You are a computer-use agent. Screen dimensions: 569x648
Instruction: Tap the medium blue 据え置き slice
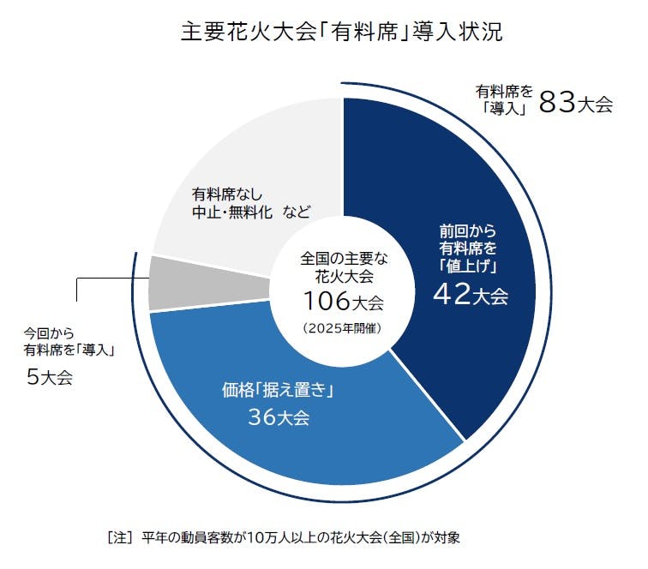coord(257,446)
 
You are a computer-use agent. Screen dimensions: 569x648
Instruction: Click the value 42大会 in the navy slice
coord(470,295)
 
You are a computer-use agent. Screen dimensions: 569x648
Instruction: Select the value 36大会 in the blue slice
coord(278,418)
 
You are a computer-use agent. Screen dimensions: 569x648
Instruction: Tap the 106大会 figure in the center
coord(342,302)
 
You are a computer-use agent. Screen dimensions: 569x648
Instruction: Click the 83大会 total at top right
coord(575,104)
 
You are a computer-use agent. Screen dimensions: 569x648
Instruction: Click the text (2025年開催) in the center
coord(342,328)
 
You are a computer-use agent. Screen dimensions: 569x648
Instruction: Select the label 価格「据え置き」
coord(277,392)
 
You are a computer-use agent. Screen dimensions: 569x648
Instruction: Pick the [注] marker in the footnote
coord(118,538)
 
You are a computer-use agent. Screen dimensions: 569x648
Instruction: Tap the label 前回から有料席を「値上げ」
coord(469,248)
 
